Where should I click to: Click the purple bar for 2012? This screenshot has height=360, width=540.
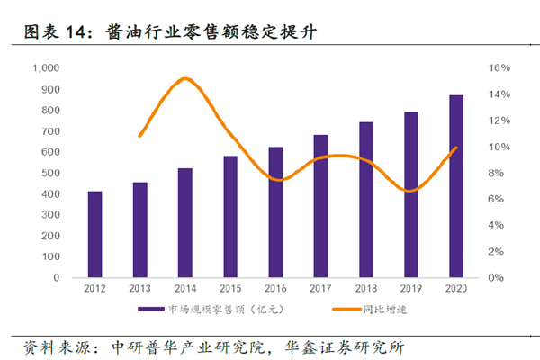[94, 234]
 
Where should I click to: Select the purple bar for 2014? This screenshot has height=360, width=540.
[184, 222]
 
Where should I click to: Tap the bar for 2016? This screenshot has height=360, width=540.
[275, 211]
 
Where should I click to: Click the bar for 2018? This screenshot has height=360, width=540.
[366, 199]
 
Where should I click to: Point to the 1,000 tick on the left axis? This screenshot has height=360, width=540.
[44, 68]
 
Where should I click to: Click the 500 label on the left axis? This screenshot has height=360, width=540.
[49, 173]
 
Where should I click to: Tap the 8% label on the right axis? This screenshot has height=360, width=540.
[496, 173]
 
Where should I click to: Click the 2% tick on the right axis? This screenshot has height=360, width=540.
[496, 251]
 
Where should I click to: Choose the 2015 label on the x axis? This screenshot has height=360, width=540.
[230, 290]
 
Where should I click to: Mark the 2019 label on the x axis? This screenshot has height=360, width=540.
[411, 290]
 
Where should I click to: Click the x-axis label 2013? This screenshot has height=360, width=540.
[139, 290]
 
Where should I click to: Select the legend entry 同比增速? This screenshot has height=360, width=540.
[376, 310]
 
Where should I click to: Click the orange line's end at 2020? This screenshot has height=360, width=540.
[457, 148]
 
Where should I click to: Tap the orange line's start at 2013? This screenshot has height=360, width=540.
[139, 136]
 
